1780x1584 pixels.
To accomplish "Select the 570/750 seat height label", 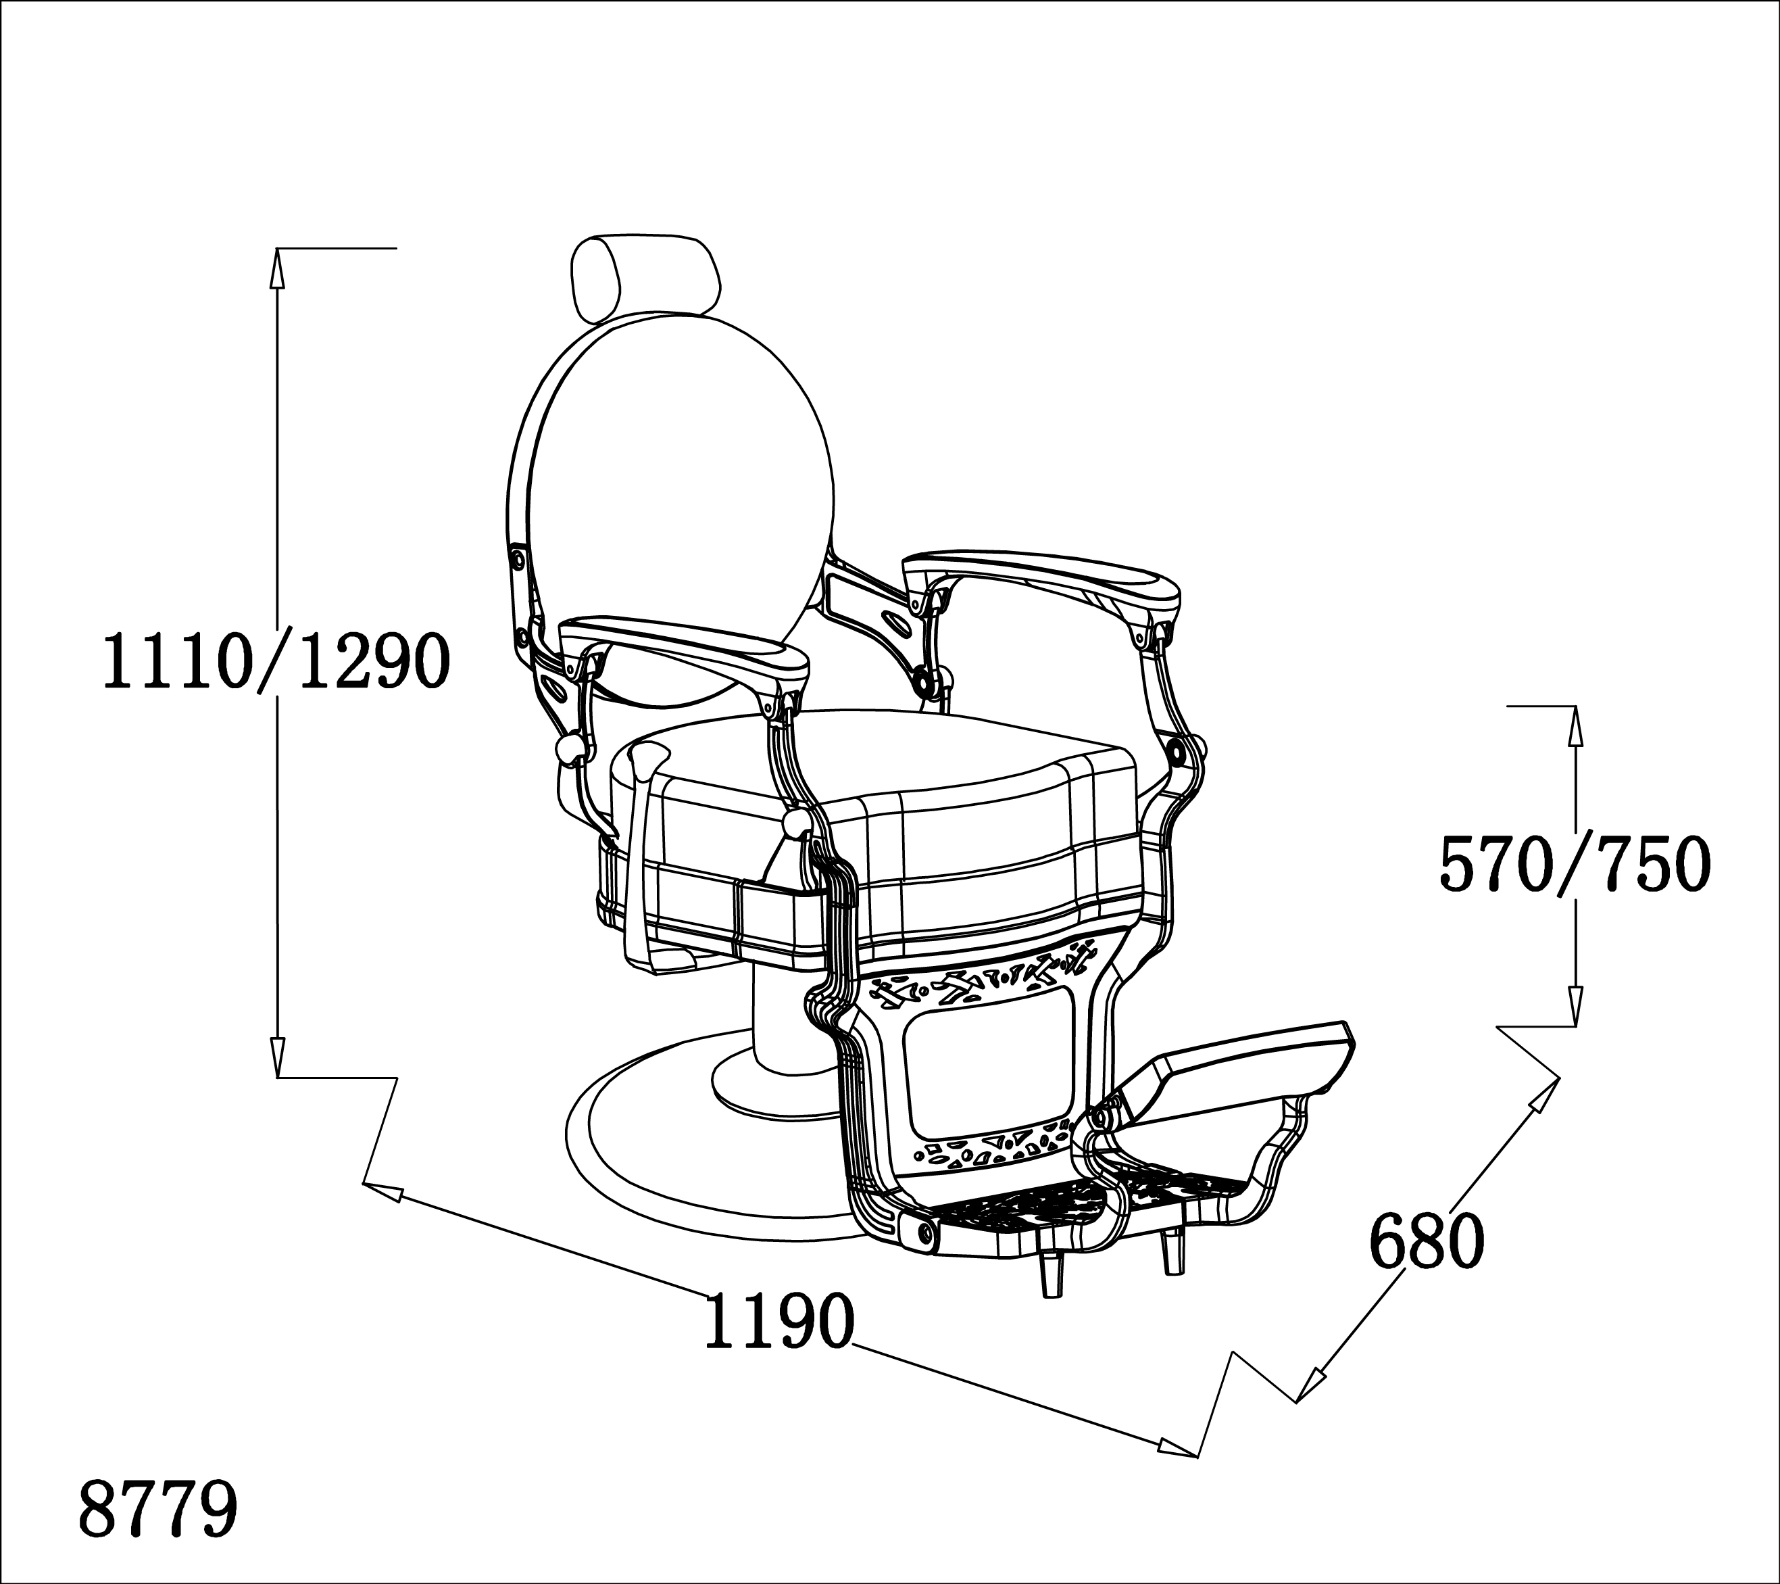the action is (x=1575, y=863).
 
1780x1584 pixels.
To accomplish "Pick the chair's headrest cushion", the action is (x=646, y=275).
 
